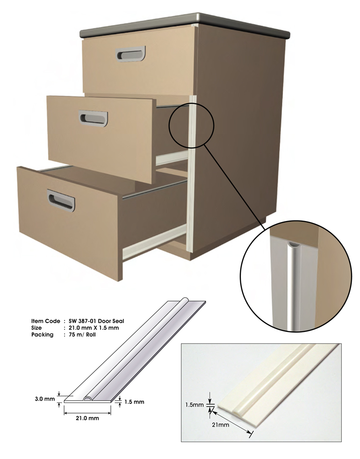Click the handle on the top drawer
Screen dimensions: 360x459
pyautogui.click(x=130, y=54)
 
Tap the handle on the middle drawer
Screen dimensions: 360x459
pyautogui.click(x=93, y=118)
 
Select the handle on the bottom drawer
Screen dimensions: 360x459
pyautogui.click(x=61, y=200)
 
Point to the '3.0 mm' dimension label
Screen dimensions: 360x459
pyautogui.click(x=44, y=399)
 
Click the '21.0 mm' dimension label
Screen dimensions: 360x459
pyautogui.click(x=87, y=418)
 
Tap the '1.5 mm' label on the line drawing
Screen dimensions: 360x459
pyautogui.click(x=134, y=402)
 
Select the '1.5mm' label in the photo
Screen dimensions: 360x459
pyautogui.click(x=194, y=405)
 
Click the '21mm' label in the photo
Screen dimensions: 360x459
pyautogui.click(x=221, y=424)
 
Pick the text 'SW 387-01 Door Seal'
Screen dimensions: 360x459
pyautogui.click(x=96, y=321)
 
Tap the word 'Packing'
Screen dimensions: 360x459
pyautogui.click(x=42, y=335)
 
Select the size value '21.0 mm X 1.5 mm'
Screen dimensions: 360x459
pyautogui.click(x=94, y=328)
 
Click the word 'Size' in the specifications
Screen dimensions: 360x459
pyautogui.click(x=36, y=328)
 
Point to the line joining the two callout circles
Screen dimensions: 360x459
pyautogui.click(x=233, y=187)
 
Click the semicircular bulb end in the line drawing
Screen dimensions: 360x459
pyautogui.click(x=87, y=399)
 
